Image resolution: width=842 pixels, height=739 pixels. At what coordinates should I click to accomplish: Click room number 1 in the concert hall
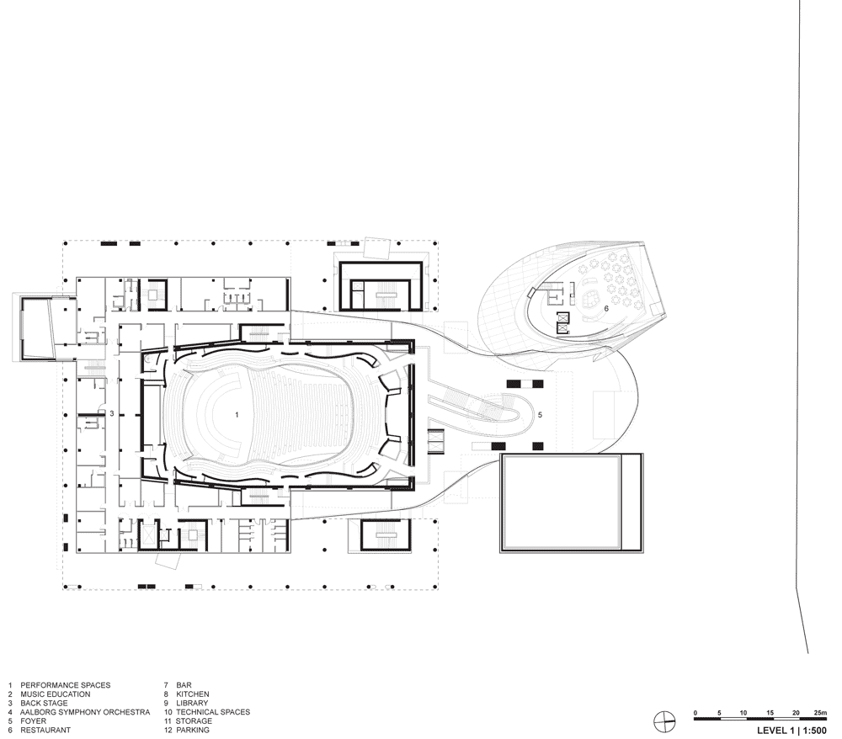pos(237,415)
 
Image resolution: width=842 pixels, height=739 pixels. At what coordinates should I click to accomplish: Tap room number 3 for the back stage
pos(112,414)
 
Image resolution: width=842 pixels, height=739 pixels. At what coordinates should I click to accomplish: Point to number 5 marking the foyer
pos(541,415)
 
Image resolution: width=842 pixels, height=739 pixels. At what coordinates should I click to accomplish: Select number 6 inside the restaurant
pos(606,309)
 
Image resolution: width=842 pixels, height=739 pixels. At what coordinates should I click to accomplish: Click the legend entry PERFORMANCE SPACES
pos(66,685)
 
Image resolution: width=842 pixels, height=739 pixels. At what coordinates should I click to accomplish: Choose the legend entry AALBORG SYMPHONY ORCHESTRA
pos(85,712)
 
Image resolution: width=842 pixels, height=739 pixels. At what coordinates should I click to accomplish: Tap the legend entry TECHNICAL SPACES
pos(213,712)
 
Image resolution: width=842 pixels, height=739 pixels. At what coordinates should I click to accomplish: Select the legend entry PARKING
pos(193,730)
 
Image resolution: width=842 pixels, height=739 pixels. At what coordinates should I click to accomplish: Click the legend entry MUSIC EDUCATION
pos(56,694)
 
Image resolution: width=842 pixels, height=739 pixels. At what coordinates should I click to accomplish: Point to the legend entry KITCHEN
pos(193,694)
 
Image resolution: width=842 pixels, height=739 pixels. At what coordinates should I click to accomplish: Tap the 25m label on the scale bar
pos(820,713)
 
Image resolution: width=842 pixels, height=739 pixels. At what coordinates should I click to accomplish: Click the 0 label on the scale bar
pos(695,713)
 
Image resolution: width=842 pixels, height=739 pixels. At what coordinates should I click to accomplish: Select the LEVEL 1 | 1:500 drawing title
pos(791,731)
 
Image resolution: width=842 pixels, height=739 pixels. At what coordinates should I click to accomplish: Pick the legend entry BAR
pos(184,685)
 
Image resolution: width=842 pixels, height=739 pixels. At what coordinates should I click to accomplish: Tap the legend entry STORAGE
pos(194,720)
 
